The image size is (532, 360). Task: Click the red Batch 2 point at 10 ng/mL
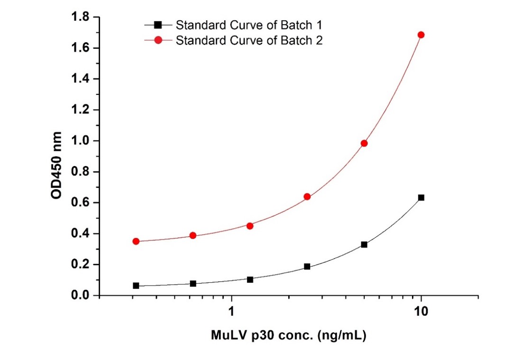coord(421,35)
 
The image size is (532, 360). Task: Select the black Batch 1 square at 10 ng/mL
coord(421,197)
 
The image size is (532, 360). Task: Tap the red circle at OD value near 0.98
coord(364,143)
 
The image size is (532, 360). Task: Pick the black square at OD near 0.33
coord(364,245)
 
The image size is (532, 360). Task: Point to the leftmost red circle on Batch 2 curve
coord(136,241)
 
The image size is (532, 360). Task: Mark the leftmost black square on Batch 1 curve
coord(136,286)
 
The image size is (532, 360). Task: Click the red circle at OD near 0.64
coord(307,196)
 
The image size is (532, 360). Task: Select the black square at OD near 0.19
coord(307,267)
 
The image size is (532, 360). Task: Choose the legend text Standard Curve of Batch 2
coord(249,40)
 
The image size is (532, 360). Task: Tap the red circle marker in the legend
coord(158,41)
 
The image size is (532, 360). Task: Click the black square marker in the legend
coord(158,24)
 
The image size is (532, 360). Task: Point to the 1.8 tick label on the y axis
coord(80,18)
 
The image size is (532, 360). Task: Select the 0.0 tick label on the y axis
coord(80,295)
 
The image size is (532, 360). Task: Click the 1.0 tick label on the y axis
coord(80,141)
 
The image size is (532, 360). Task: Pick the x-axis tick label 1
coord(231,311)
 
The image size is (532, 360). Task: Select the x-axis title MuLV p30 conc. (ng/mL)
coord(289,336)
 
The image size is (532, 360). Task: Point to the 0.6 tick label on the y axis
coord(80,203)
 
